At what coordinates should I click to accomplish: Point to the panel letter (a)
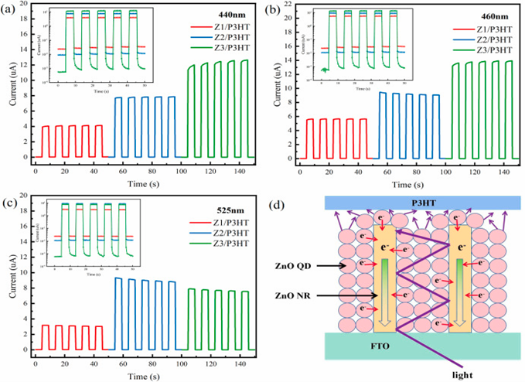pos(12,9)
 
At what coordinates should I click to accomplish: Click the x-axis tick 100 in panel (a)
pos(174,165)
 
